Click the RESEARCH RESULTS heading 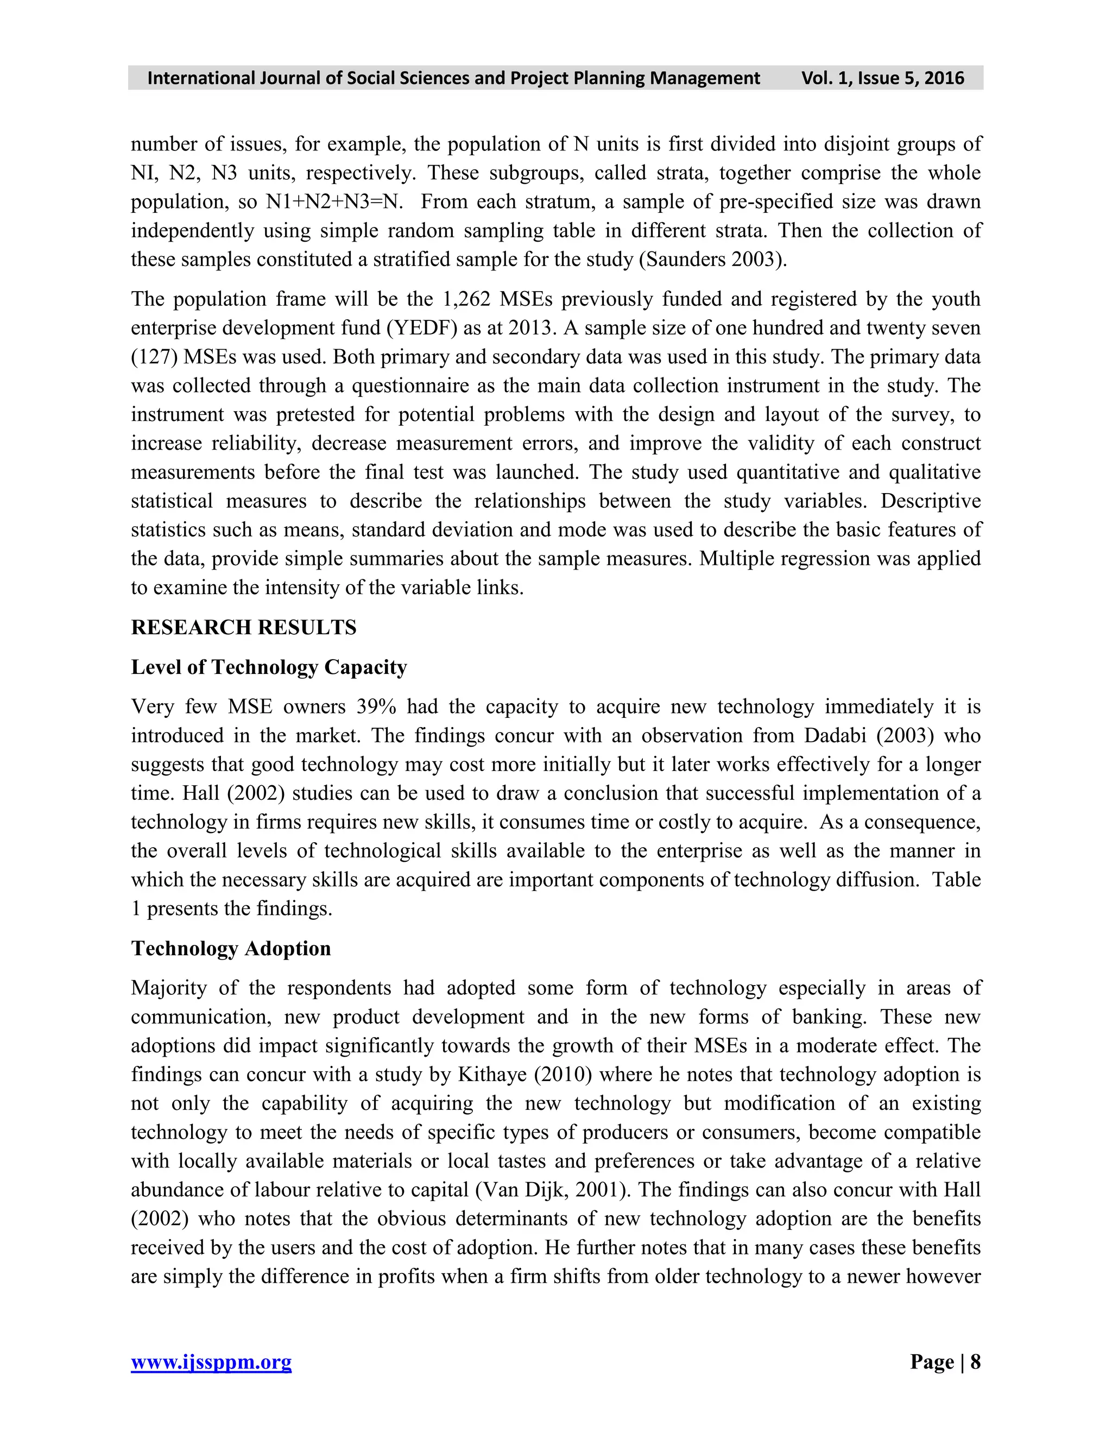pyautogui.click(x=243, y=627)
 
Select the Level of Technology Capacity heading pyautogui.click(x=269, y=667)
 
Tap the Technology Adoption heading pyautogui.click(x=231, y=948)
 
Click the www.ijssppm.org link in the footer pyautogui.click(x=211, y=1361)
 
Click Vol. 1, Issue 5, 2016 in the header pyautogui.click(x=882, y=78)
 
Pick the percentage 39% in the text pyautogui.click(x=376, y=706)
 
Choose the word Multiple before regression pyautogui.click(x=735, y=559)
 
